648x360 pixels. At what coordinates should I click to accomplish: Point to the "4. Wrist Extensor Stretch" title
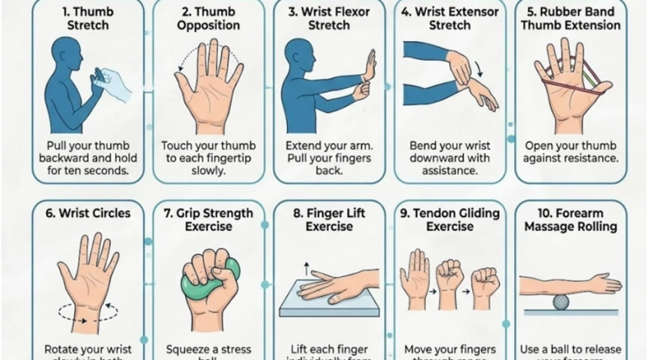point(449,19)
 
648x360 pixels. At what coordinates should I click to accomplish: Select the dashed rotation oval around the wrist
point(88,311)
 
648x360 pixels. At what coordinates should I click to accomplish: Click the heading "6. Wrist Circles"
point(88,214)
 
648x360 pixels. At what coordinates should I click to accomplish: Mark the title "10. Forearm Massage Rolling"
point(570,220)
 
